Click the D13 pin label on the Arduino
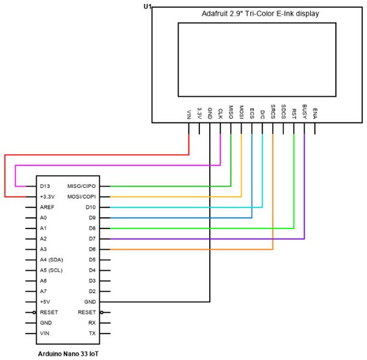45,186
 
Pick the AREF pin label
47,208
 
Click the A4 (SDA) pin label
53,260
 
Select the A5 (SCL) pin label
53,271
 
